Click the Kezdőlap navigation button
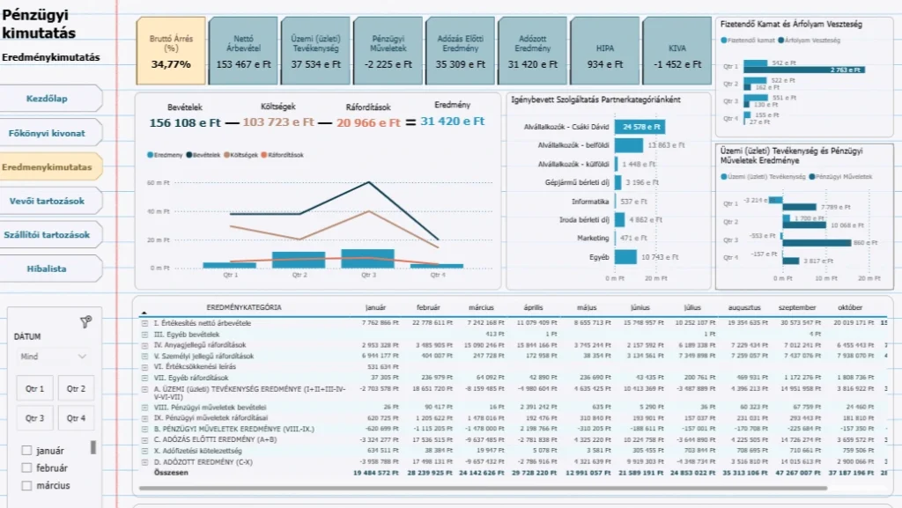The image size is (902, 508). point(47,99)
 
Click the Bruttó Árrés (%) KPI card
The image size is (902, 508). point(171,51)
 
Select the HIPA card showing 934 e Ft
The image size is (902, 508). point(605,51)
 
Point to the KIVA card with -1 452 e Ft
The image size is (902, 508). point(676,51)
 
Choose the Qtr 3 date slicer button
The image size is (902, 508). point(35,418)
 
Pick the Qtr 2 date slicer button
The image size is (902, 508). point(77,388)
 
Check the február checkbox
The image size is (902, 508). point(27,468)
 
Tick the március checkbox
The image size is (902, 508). point(27,485)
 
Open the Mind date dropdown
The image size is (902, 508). point(53,357)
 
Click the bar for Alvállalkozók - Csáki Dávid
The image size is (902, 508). point(640,127)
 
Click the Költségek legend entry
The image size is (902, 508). point(245,155)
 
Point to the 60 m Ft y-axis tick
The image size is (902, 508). point(159,183)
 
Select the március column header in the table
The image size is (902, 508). point(481,308)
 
